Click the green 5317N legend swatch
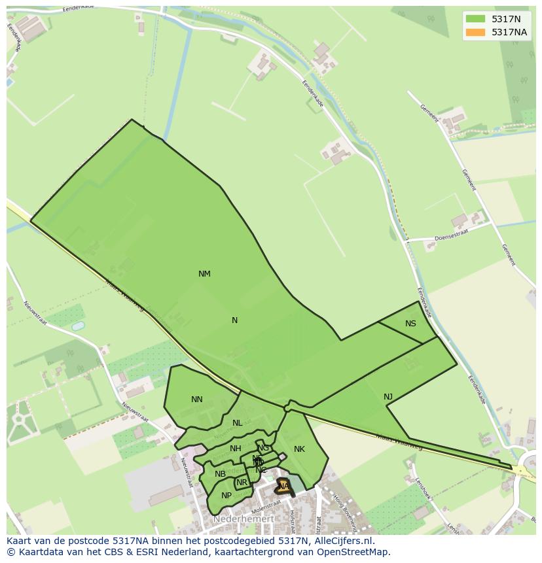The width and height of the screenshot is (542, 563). (476, 19)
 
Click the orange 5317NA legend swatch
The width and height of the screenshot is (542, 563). (476, 32)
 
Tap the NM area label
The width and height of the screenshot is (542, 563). (204, 274)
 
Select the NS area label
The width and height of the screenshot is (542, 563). (410, 324)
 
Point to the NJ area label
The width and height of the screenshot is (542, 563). (388, 397)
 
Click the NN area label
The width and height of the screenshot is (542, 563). (197, 400)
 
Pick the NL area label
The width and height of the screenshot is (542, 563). (237, 423)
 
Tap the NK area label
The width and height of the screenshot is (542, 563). (299, 449)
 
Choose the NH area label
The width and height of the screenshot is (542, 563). (236, 449)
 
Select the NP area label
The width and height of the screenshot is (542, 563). (226, 496)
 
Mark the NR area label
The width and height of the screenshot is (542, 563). (242, 483)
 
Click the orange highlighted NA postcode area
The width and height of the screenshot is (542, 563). (283, 486)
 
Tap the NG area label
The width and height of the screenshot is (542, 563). (263, 448)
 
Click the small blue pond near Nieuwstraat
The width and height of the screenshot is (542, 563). (78, 325)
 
